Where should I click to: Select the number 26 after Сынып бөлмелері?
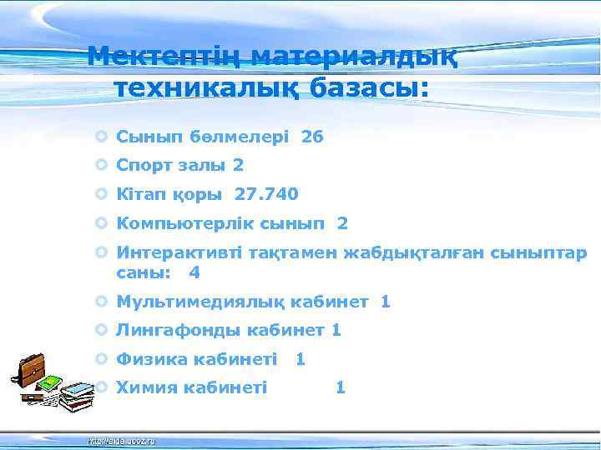[x=312, y=137]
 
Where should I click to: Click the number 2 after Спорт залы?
[x=238, y=165]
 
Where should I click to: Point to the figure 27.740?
[x=266, y=194]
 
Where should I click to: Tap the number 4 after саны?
[x=194, y=272]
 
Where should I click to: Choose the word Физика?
[x=152, y=359]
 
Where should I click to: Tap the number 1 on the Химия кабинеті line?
[x=340, y=387]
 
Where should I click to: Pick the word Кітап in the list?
[x=139, y=194]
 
